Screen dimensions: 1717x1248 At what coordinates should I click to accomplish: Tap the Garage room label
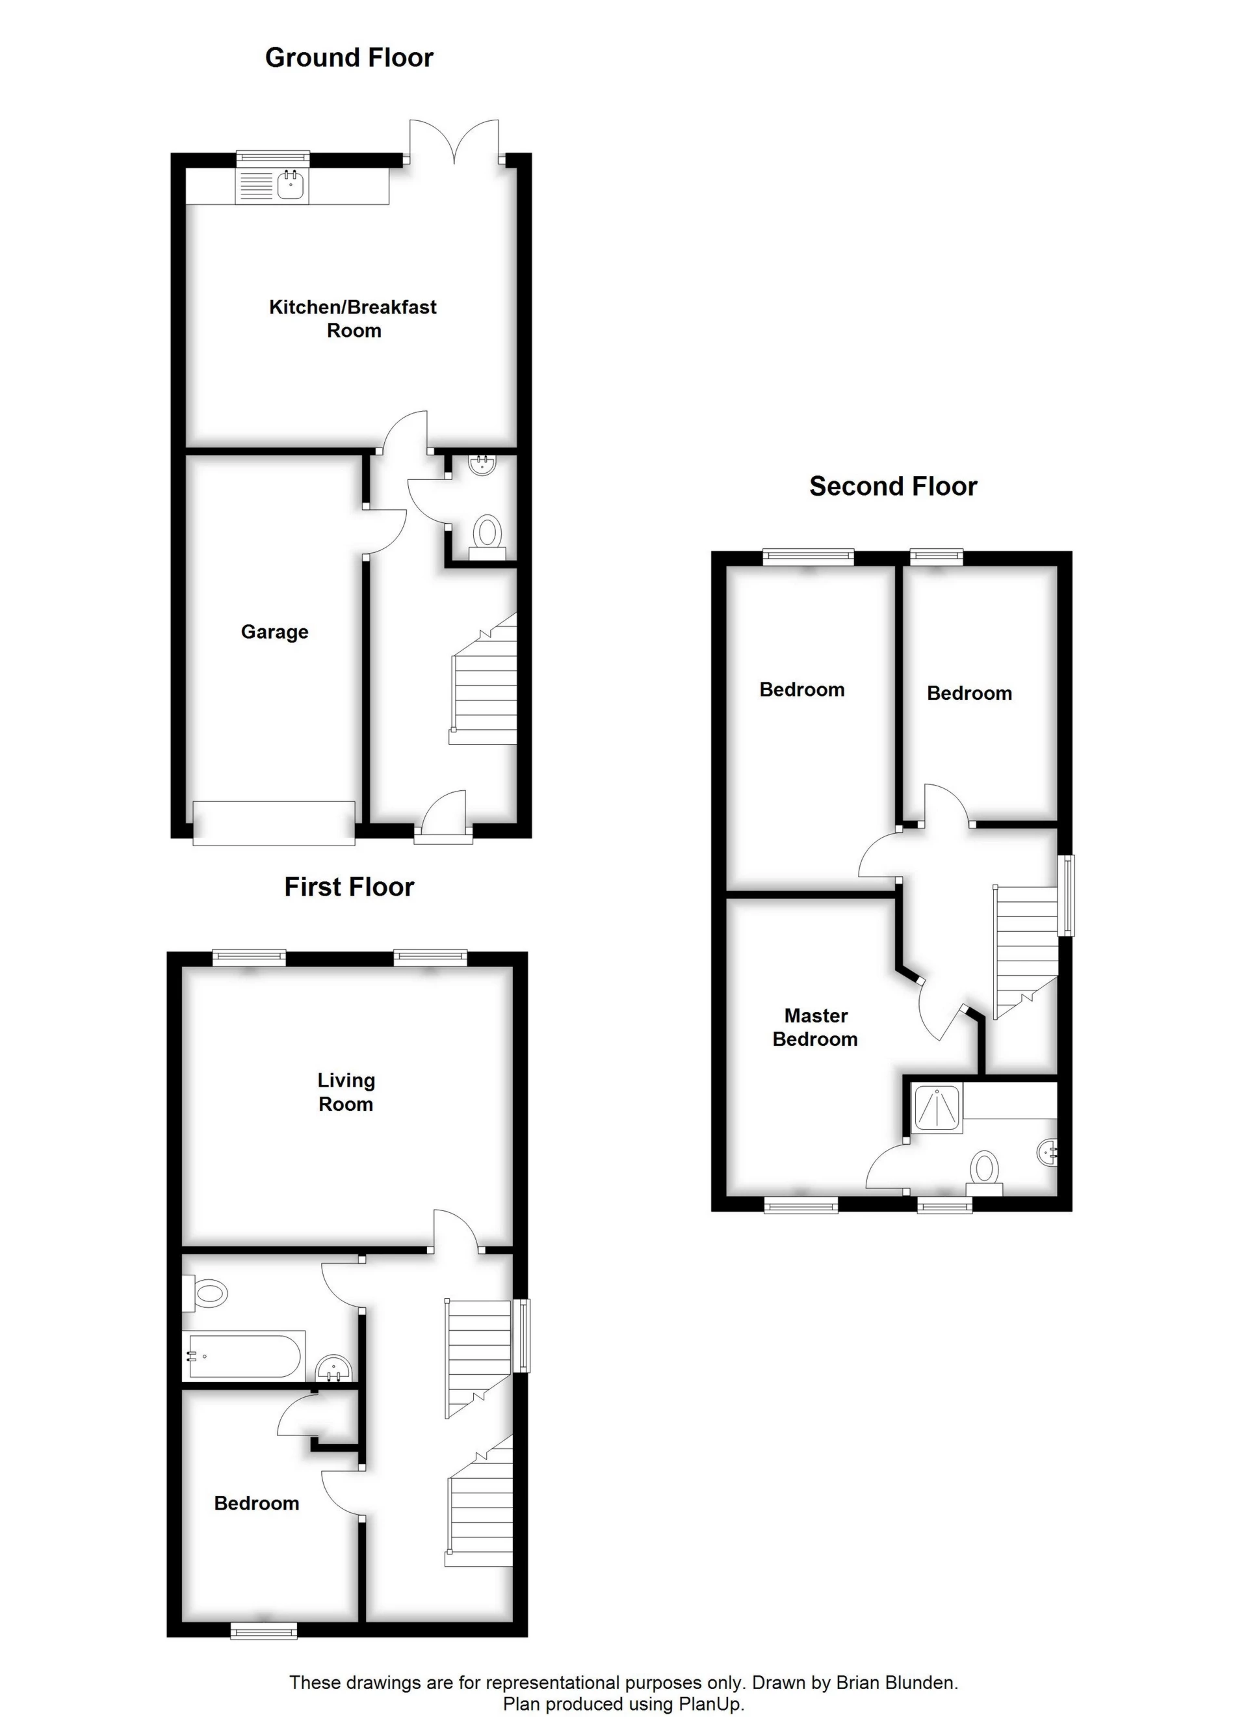click(x=275, y=632)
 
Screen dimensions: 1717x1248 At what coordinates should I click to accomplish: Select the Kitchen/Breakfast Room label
click(x=354, y=319)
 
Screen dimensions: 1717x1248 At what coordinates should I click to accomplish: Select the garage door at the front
click(x=274, y=822)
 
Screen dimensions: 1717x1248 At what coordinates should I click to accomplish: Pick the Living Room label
click(x=346, y=1093)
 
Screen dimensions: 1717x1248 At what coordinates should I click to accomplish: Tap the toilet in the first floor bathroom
click(x=206, y=1293)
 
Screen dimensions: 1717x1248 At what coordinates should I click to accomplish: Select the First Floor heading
click(x=349, y=887)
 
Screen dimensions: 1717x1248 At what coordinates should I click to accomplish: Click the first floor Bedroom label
click(x=257, y=1504)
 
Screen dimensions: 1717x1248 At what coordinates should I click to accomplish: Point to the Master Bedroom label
click(x=815, y=1028)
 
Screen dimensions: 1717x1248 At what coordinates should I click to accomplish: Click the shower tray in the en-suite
click(x=938, y=1108)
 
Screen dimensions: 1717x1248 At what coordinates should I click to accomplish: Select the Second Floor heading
click(x=893, y=486)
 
